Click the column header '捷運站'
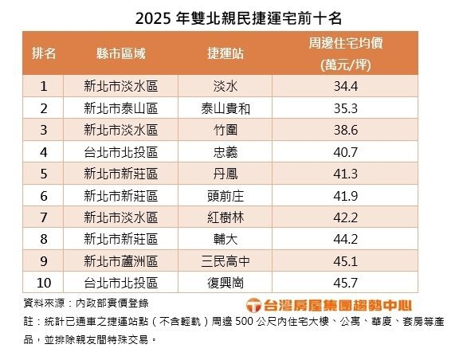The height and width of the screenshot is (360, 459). tap(223, 53)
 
